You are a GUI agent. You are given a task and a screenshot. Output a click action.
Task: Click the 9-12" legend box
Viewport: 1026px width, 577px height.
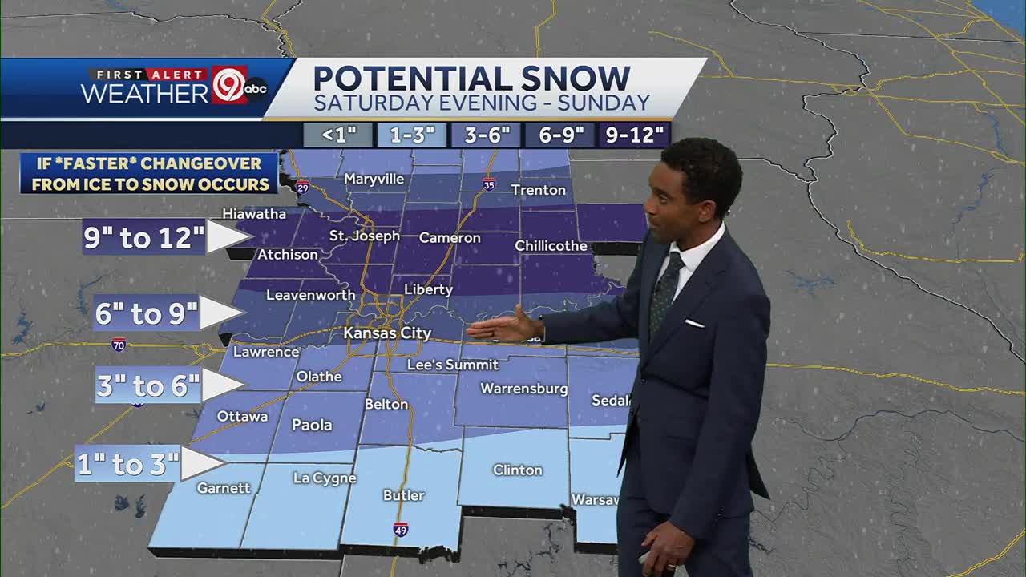tap(635, 135)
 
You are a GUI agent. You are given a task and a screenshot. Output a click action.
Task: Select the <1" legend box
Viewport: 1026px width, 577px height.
tap(338, 135)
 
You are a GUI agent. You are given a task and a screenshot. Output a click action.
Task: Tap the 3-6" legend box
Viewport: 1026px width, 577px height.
tap(487, 135)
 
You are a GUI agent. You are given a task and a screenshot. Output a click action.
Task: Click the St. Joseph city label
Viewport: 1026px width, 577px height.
tap(364, 236)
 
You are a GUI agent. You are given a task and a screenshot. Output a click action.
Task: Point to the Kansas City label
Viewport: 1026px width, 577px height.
tap(387, 333)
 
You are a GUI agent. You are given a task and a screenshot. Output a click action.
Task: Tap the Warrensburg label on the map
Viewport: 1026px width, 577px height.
tap(523, 389)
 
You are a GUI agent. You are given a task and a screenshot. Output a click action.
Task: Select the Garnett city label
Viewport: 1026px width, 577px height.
tap(224, 487)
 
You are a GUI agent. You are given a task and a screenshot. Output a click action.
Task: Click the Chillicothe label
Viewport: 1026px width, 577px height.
tap(551, 245)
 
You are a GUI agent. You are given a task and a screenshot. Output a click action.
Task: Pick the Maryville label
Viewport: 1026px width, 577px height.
tap(374, 179)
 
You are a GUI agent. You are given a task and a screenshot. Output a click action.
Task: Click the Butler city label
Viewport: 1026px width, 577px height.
tap(403, 495)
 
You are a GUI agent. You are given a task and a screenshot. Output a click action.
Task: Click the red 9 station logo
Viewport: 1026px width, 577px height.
tap(229, 85)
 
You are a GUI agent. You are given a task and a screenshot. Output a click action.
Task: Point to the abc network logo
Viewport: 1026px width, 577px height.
tap(256, 89)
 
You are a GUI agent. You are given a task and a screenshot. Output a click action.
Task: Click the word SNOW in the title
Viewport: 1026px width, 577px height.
tap(575, 79)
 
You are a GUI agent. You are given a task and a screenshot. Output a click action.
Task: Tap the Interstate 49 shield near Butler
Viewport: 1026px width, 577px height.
tap(401, 530)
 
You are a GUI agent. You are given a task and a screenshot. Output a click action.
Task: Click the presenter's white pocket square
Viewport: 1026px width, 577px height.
tap(694, 323)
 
